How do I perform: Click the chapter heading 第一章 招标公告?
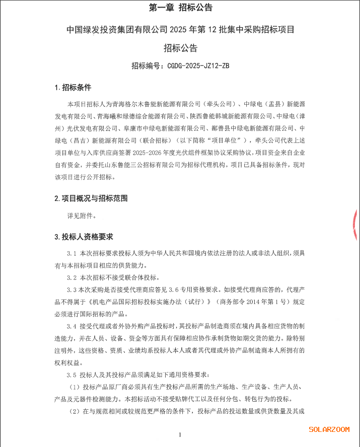180,8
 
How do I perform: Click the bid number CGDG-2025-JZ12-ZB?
198,66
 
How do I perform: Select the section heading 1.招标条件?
73,88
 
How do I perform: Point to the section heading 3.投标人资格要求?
84,237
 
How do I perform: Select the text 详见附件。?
82,216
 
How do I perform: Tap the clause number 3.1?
71,253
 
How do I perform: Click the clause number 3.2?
71,277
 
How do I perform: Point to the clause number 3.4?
71,326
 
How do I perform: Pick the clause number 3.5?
71,375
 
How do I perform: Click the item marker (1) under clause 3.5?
75,387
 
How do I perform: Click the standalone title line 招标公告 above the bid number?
180,48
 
